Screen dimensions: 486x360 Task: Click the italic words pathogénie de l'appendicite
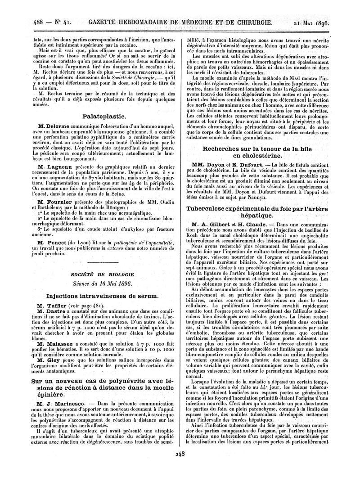coord(136,243)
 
